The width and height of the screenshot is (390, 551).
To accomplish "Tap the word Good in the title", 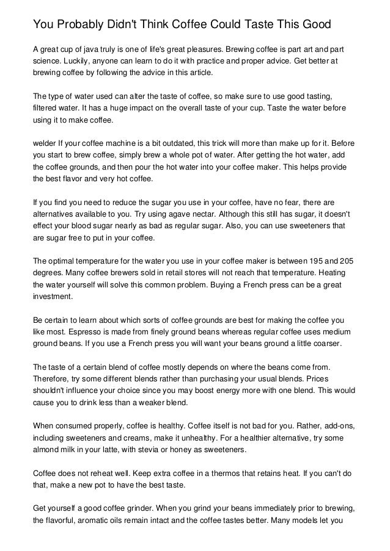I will (x=315, y=25).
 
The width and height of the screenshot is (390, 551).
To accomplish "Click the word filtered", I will (x=46, y=109).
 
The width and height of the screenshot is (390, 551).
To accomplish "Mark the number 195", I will (x=309, y=261).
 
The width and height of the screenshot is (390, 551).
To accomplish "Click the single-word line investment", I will (x=53, y=297).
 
